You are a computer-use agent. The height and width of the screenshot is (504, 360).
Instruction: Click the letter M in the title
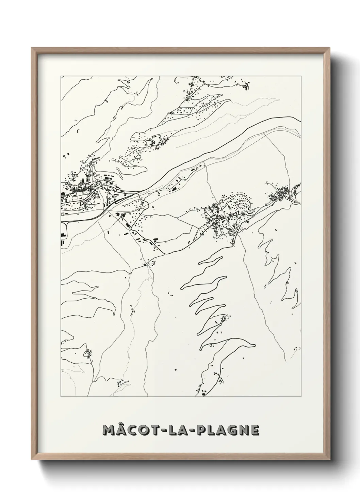tap(109, 430)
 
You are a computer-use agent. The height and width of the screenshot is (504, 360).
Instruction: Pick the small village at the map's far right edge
tap(282, 194)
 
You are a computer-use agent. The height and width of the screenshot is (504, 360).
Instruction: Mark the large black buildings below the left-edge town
tap(63, 238)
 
